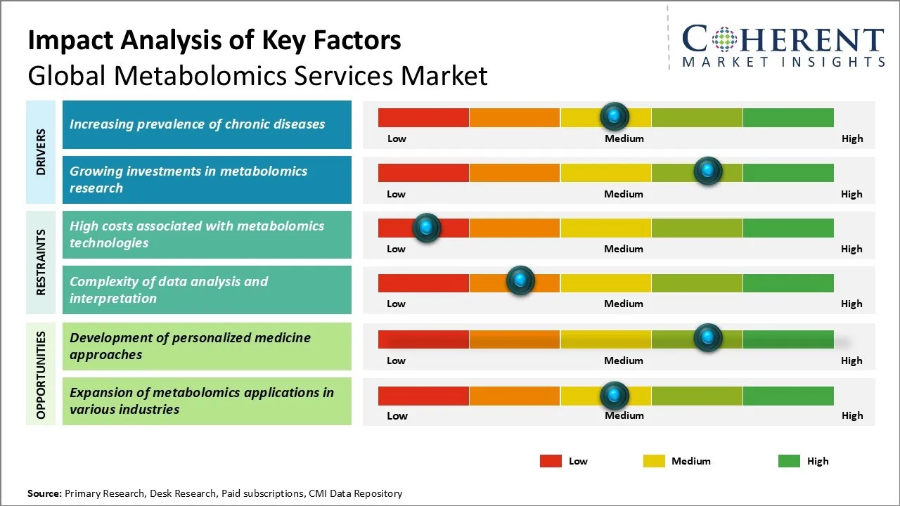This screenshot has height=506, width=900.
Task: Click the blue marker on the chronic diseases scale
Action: click(x=615, y=115)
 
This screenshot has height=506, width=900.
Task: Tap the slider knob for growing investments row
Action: click(x=707, y=171)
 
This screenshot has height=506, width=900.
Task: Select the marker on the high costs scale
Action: click(x=426, y=227)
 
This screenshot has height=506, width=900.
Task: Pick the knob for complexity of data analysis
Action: click(x=520, y=280)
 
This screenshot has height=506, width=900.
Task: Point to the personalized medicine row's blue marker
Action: click(x=707, y=337)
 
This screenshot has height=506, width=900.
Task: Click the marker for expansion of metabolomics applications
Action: click(x=615, y=396)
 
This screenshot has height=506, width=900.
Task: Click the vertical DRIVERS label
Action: click(x=41, y=151)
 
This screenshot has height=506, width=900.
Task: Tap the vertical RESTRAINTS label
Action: click(x=41, y=261)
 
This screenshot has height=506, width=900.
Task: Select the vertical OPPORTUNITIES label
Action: click(x=41, y=375)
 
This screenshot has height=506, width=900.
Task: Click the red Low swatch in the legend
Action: click(x=551, y=461)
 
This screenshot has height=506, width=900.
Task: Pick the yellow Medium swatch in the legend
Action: click(x=654, y=461)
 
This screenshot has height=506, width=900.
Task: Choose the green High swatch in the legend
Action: click(x=789, y=461)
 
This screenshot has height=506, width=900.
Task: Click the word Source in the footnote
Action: click(x=44, y=493)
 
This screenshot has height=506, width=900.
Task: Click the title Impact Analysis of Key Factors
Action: click(x=214, y=41)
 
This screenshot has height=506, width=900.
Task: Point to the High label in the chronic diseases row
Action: click(x=852, y=138)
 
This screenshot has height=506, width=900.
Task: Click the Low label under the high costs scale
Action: click(x=396, y=249)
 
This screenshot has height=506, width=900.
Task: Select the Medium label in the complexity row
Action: click(x=624, y=304)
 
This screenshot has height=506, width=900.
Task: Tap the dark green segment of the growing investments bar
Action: click(x=787, y=172)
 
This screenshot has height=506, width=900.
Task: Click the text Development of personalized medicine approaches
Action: click(x=190, y=346)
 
